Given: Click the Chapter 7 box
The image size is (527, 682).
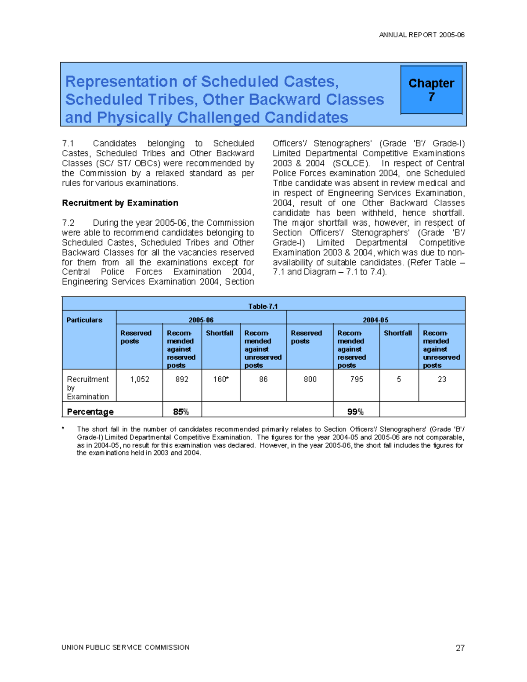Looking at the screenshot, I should click(x=431, y=90).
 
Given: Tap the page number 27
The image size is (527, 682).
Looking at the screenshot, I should click(x=460, y=648).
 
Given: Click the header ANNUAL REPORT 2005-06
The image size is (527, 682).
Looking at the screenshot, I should click(x=422, y=35).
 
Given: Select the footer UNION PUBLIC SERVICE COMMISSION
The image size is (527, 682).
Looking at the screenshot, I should click(x=126, y=647).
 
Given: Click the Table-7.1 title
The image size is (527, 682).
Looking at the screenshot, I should click(x=263, y=306).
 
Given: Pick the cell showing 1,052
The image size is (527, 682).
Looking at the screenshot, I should click(x=140, y=379).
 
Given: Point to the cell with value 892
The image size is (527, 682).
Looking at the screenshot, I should click(x=182, y=379).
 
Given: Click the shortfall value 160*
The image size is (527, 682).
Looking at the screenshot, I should click(x=221, y=379).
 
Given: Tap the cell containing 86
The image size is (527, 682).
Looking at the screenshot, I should click(x=263, y=379).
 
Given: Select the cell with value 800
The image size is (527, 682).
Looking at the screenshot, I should click(x=310, y=379).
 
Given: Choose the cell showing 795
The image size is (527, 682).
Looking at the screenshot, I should click(x=357, y=379).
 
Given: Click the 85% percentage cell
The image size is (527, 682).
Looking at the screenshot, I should click(x=181, y=411).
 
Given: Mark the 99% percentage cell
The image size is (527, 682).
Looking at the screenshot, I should click(x=355, y=411).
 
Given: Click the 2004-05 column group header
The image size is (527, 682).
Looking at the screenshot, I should click(x=375, y=320).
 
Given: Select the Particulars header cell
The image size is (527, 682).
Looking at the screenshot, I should click(x=84, y=320).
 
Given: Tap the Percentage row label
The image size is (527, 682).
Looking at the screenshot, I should click(x=90, y=411).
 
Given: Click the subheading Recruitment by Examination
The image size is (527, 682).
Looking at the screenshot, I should click(x=120, y=203).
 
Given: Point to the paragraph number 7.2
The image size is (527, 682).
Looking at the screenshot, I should click(x=68, y=223).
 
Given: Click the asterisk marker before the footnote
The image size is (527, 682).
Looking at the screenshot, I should click(x=63, y=429).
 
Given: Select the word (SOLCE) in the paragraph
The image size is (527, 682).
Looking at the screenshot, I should click(x=350, y=163).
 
